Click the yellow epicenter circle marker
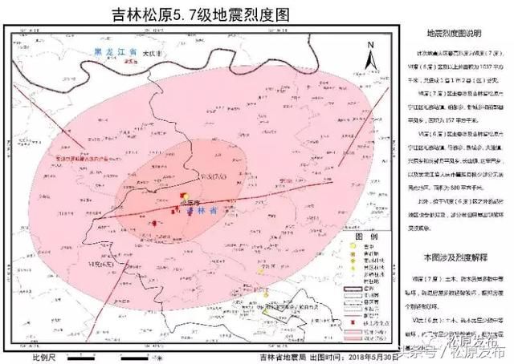186,196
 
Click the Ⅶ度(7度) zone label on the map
211,176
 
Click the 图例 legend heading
364,238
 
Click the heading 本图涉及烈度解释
459,257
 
